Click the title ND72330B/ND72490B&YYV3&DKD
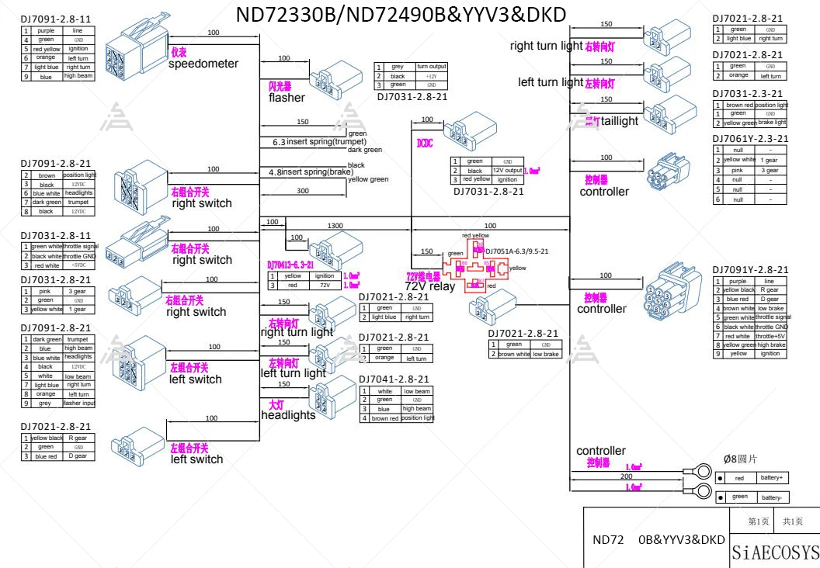point(401,15)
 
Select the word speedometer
point(203,64)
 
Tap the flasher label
point(287,98)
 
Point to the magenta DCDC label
point(424,143)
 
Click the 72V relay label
point(430,286)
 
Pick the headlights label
point(288,415)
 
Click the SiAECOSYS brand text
point(775,552)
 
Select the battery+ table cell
point(771,478)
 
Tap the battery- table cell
point(771,497)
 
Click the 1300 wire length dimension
point(335,225)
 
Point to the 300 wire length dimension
point(302,190)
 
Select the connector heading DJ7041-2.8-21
point(393,379)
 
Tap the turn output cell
point(432,67)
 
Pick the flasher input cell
point(78,403)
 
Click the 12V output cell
point(507,170)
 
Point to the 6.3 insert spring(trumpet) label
point(319,142)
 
